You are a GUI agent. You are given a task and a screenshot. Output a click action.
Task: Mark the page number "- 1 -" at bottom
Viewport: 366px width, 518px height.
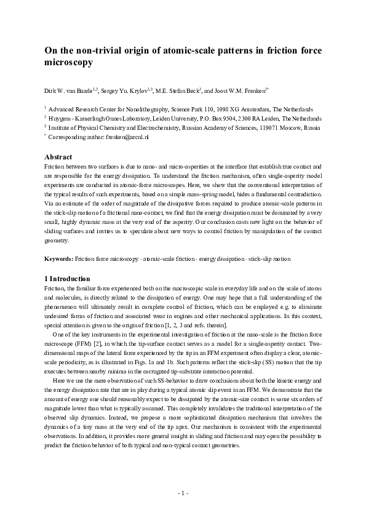(183, 493)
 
